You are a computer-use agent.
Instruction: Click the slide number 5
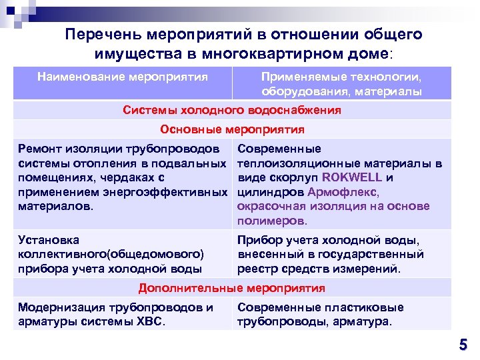click(x=463, y=345)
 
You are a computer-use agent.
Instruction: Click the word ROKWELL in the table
click(x=351, y=177)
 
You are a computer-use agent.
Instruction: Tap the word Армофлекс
click(x=343, y=192)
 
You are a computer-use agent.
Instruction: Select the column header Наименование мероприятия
click(x=123, y=77)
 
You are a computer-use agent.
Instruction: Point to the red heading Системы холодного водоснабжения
click(x=232, y=110)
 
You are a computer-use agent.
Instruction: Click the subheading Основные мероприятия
click(x=232, y=129)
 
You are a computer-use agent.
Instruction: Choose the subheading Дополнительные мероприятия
click(x=232, y=288)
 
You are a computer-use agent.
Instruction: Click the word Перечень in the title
click(x=103, y=34)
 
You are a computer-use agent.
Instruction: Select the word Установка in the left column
click(x=49, y=239)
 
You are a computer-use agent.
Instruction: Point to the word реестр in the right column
click(x=257, y=269)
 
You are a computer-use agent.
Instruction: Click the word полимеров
click(x=272, y=221)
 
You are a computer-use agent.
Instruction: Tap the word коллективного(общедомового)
click(x=111, y=254)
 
